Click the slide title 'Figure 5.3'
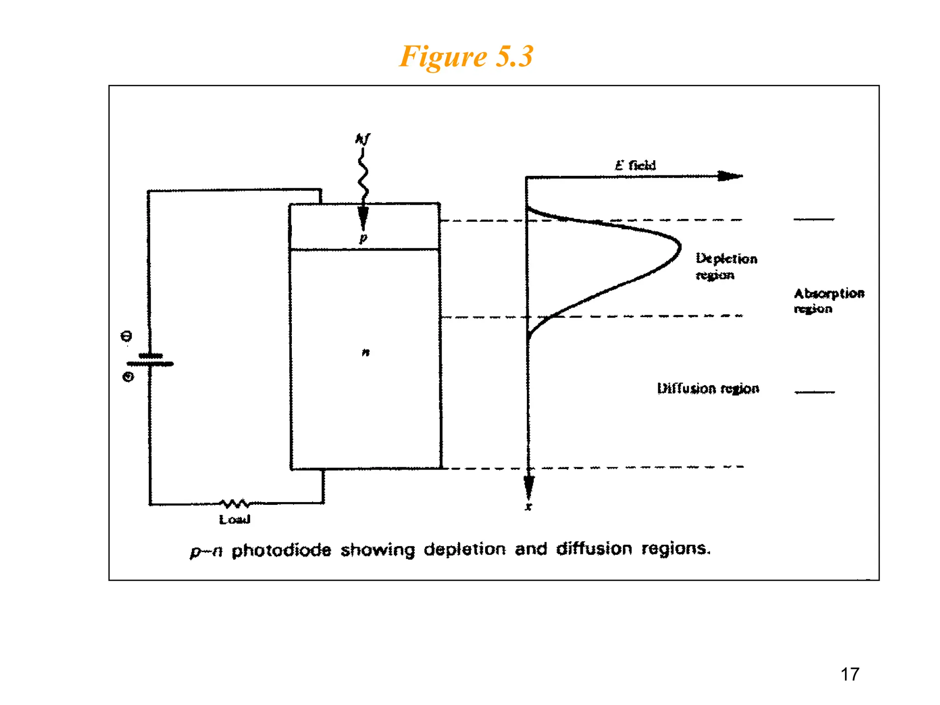coord(466,56)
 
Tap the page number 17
coord(850,674)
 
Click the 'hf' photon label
coord(363,138)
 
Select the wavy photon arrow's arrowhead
coord(363,218)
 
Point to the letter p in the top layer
coord(363,238)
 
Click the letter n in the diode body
coord(365,352)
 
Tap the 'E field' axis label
coord(635,165)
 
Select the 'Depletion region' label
coord(726,266)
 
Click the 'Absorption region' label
coord(828,301)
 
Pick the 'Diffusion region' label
coord(708,388)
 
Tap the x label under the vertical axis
coord(529,507)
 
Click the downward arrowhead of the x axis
coord(529,487)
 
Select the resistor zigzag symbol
coord(235,504)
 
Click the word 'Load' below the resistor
coord(235,520)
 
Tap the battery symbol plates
coord(150,360)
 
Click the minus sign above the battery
coord(126,336)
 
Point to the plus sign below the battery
coord(128,377)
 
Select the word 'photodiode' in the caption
coord(281,550)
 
